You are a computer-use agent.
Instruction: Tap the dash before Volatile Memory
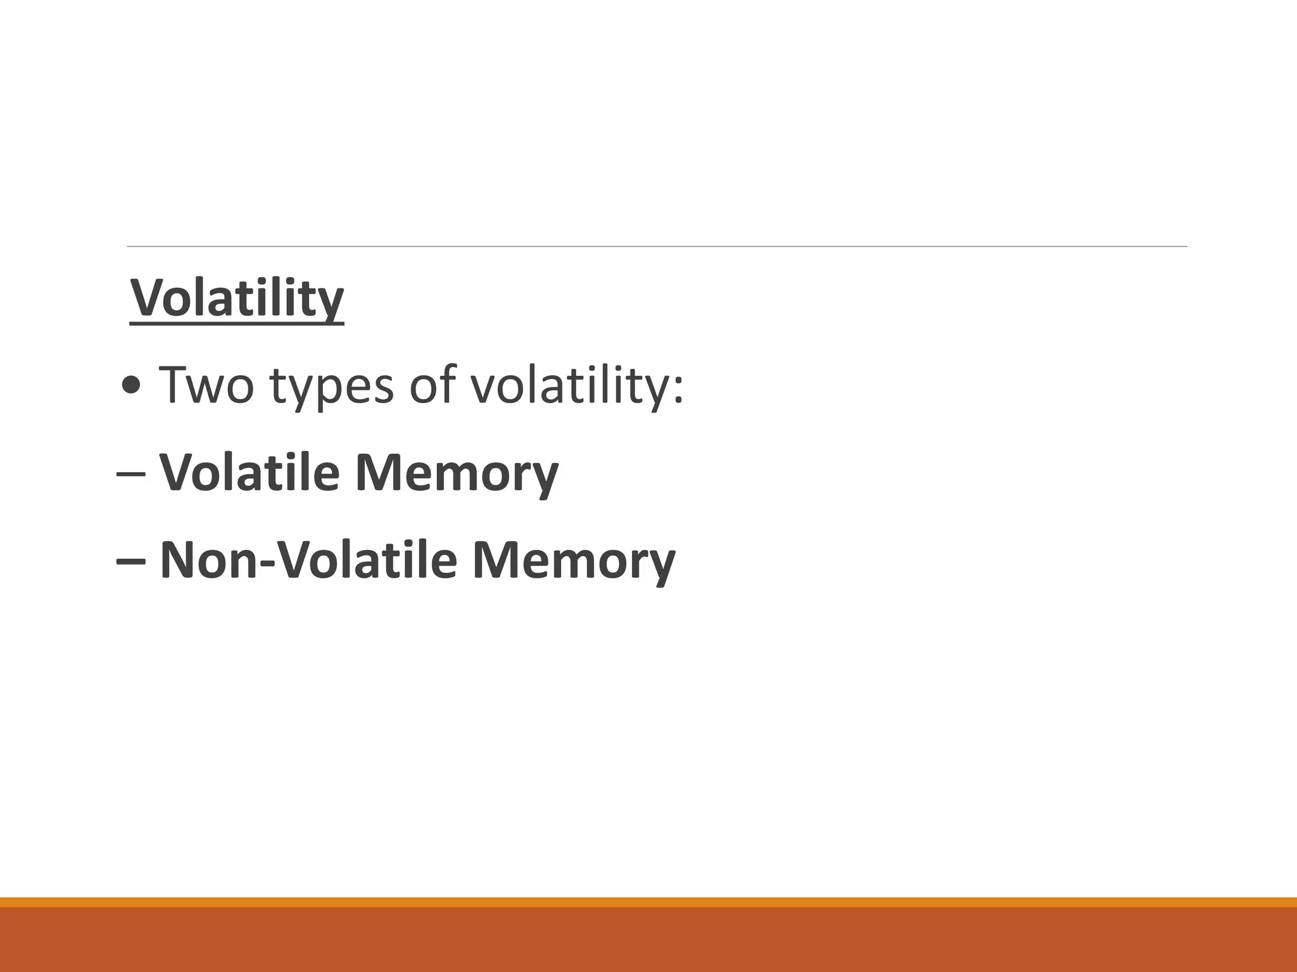[x=131, y=473]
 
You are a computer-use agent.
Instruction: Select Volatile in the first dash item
[x=250, y=472]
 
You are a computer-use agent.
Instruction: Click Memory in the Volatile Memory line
[x=457, y=473]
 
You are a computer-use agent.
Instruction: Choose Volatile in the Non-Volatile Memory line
[x=368, y=560]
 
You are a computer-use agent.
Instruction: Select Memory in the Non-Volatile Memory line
[x=574, y=561]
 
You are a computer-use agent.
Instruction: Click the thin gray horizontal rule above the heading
[x=657, y=246]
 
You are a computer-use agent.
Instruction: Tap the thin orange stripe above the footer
[x=648, y=902]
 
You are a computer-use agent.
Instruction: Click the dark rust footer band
[x=648, y=940]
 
